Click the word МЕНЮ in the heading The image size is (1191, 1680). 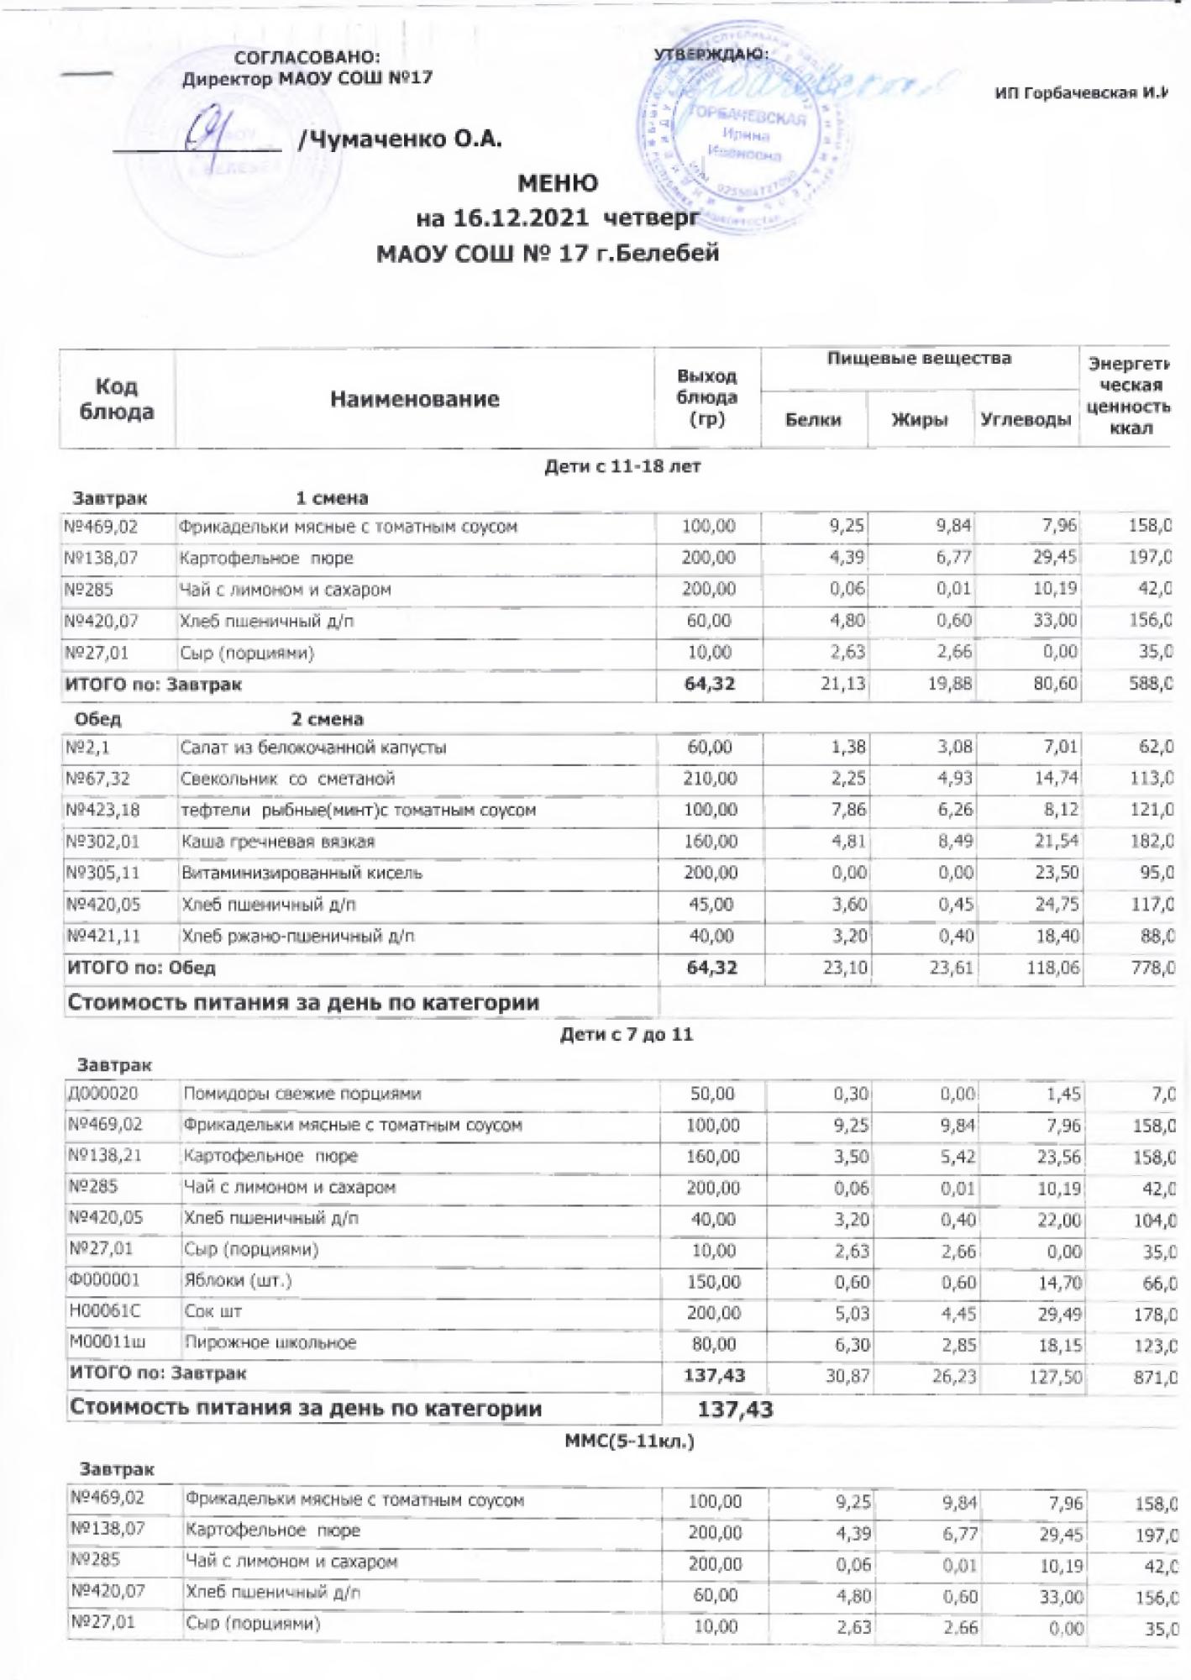(558, 183)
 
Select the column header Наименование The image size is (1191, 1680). (414, 399)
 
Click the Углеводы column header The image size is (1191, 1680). (1026, 419)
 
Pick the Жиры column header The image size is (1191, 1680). (920, 419)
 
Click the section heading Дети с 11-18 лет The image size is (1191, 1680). (622, 466)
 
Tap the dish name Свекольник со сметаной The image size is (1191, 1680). (288, 779)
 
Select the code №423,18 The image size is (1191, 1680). (102, 811)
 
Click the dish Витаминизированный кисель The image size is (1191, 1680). (302, 874)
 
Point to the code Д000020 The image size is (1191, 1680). (103, 1094)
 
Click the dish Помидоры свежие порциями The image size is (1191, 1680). (302, 1094)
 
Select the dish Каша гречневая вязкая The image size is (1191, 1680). (278, 842)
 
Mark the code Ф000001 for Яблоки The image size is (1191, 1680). (105, 1280)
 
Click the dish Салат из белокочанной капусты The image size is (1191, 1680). (313, 748)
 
